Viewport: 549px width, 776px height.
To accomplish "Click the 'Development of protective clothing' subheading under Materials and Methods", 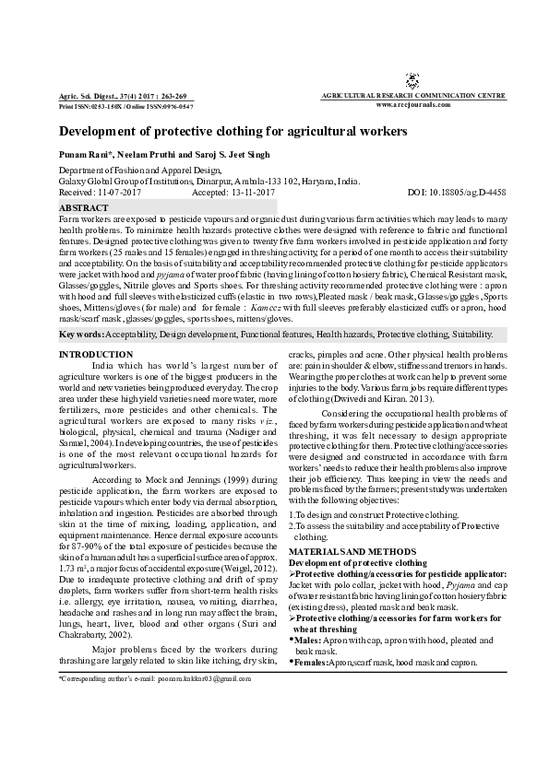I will pos(358,561).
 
